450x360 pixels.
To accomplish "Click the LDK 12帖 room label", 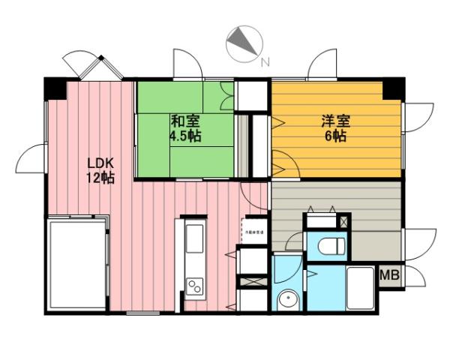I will point(100,171).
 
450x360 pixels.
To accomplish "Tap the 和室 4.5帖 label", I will point(184,128).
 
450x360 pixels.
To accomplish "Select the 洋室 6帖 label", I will point(334,128).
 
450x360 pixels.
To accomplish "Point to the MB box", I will point(389,275).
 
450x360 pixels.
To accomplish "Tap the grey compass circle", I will point(243,43).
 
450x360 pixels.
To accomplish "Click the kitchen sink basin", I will point(193,241).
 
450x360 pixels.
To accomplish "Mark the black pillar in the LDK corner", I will point(55,88).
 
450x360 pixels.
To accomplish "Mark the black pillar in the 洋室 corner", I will point(391,88).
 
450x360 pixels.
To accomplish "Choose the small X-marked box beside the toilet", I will point(343,221).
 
